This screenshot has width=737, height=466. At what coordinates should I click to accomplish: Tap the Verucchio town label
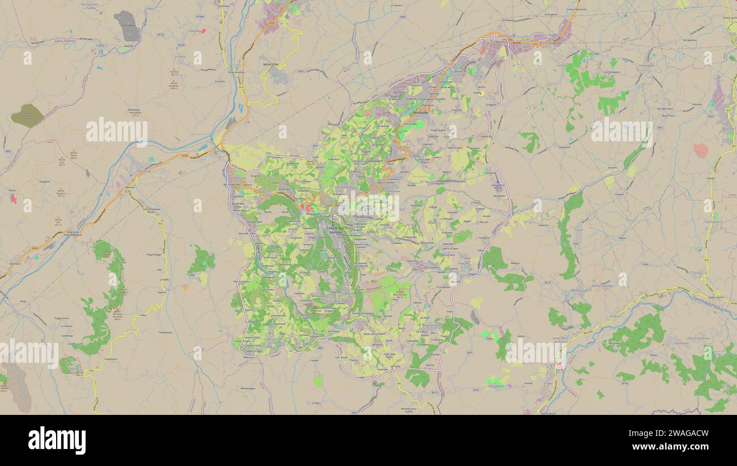tap(271, 65)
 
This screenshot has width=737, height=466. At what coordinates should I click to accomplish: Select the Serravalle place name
tap(420, 114)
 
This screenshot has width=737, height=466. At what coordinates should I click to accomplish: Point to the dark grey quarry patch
tap(126, 26)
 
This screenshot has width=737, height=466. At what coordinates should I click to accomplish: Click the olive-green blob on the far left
tap(27, 115)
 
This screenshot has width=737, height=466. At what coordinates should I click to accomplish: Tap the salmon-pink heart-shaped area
tap(701, 150)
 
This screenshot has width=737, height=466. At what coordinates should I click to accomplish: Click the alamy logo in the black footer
tap(57, 440)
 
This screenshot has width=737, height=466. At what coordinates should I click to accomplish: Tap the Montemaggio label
tap(248, 388)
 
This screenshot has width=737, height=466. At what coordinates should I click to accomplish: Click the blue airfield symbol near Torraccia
tap(497, 186)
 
